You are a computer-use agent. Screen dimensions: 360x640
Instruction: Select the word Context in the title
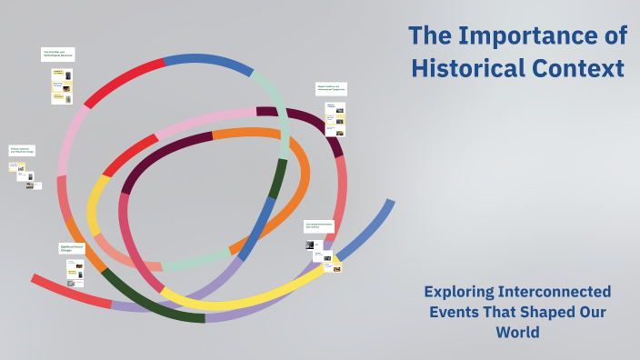click(582, 68)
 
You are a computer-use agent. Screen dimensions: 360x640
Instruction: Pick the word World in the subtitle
click(517, 332)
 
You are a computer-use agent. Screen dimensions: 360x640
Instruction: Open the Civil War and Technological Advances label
click(58, 54)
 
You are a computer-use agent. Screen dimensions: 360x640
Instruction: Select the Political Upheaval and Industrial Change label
click(22, 150)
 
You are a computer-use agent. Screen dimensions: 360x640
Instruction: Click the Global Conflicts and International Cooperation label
click(332, 89)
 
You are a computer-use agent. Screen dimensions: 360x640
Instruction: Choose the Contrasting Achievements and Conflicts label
click(319, 225)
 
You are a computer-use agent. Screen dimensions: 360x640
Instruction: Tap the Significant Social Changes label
click(72, 248)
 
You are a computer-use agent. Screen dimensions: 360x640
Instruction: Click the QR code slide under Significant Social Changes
click(71, 283)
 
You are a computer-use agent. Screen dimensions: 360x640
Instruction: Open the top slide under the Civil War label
click(62, 74)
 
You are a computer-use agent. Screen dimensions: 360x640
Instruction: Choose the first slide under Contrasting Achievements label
click(312, 244)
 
